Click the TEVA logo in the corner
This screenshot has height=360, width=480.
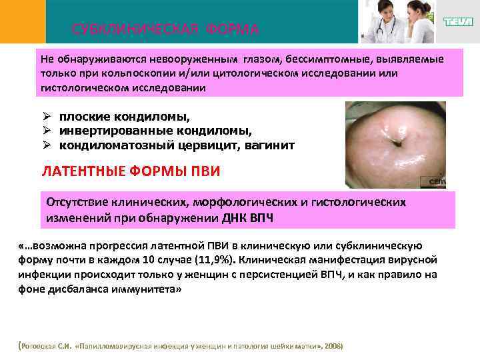459,22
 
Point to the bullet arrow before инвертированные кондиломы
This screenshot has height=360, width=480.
47,130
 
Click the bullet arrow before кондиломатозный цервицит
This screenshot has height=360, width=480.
47,145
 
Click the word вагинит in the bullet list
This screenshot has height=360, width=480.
271,145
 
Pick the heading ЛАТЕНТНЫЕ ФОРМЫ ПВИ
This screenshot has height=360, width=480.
131,171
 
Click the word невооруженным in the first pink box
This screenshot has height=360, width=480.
190,59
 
